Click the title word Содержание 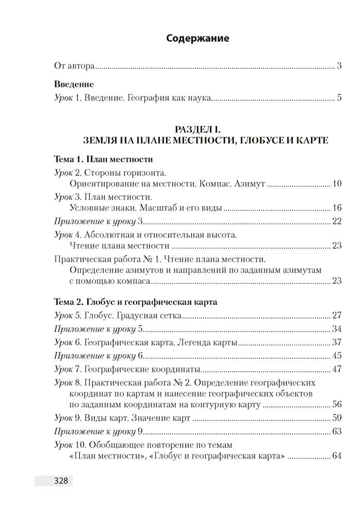coord(198,39)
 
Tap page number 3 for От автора coord(339,66)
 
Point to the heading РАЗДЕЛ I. coord(197,130)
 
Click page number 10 coord(337,183)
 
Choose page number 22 coord(337,222)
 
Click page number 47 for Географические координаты coord(337,369)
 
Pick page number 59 coord(337,418)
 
